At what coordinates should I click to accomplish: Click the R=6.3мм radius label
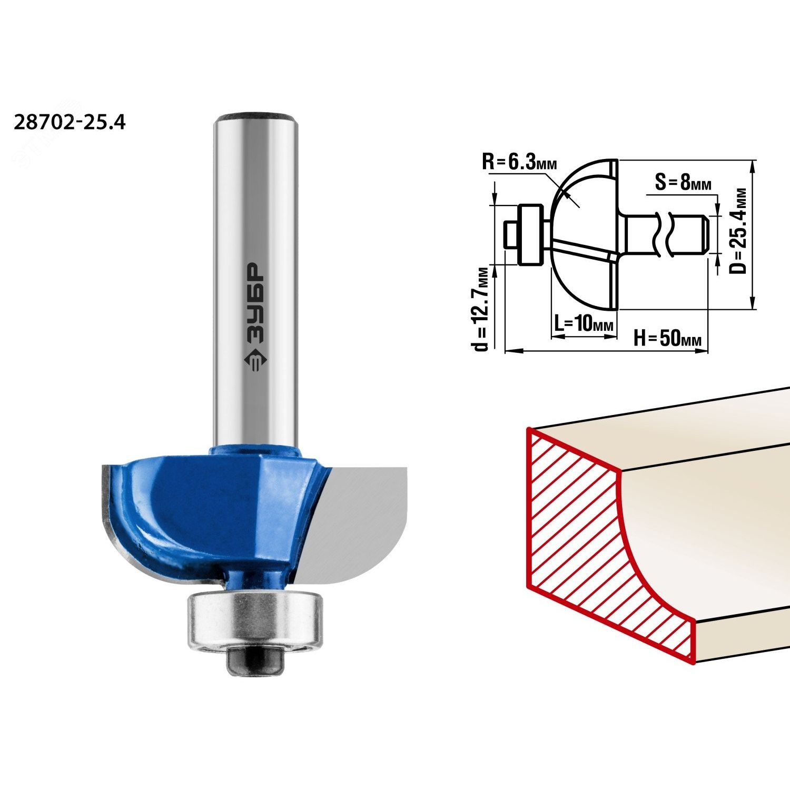pyautogui.click(x=519, y=161)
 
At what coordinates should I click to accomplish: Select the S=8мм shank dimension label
pyautogui.click(x=683, y=183)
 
